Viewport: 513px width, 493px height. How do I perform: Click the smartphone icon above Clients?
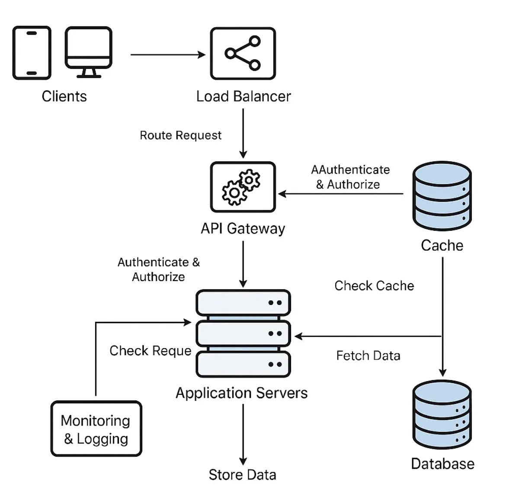pos(32,53)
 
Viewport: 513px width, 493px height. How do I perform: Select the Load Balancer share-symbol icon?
pos(243,53)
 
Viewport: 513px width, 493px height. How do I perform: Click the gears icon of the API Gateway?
pos(243,187)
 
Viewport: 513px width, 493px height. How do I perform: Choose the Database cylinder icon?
pos(442,414)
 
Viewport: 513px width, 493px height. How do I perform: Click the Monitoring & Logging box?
pos(96,429)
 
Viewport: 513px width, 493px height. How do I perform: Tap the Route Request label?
pos(180,135)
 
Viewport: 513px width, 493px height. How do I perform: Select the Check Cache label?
pos(374,286)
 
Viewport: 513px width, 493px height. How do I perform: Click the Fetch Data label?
pos(368,355)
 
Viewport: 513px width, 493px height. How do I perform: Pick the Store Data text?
pos(242,475)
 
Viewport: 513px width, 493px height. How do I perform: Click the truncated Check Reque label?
pos(150,350)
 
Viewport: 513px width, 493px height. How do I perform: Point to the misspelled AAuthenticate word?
pos(350,170)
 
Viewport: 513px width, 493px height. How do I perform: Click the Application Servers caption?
pos(241,393)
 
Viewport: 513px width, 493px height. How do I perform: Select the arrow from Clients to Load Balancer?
pos(167,55)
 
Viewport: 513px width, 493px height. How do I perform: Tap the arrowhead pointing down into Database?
pos(442,372)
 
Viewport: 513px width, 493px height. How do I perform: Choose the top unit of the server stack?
pos(243,302)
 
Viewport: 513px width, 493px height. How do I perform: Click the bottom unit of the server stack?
pos(243,364)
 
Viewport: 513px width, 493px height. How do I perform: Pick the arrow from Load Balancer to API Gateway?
pos(243,133)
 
